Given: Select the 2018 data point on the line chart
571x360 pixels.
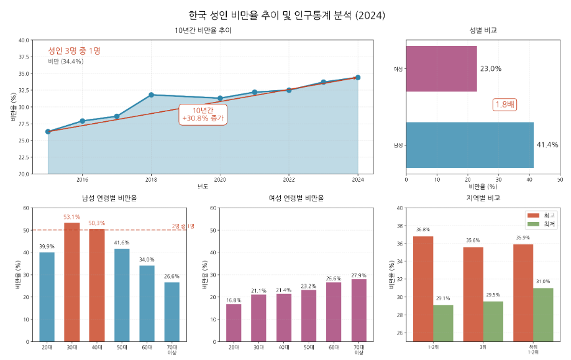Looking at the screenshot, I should tap(151, 95).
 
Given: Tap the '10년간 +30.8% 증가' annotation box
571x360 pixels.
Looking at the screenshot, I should tap(203, 114).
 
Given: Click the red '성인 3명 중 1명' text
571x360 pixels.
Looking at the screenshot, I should tap(78, 50).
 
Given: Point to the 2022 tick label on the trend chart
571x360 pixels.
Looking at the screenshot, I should tap(289, 180).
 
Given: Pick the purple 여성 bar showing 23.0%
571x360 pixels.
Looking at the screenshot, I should tap(441, 68).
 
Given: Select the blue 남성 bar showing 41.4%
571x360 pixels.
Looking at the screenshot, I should tap(470, 145).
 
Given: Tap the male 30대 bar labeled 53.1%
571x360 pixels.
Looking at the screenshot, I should tap(72, 282).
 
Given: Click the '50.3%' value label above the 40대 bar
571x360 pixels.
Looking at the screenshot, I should tap(97, 223).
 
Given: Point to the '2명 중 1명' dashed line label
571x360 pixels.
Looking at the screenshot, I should tap(183, 226).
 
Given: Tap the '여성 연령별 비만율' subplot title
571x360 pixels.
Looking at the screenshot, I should tap(296, 198).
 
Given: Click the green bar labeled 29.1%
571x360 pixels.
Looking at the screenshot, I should tap(443, 323).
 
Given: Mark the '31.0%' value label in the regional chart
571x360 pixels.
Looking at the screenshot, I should tap(543, 281).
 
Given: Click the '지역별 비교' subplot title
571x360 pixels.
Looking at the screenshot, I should tap(483, 198).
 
